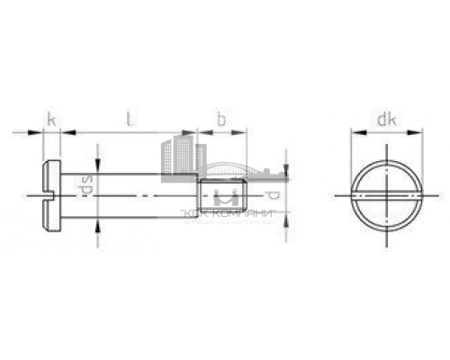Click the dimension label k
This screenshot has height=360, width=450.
(51, 119)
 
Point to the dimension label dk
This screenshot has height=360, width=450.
(385, 119)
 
